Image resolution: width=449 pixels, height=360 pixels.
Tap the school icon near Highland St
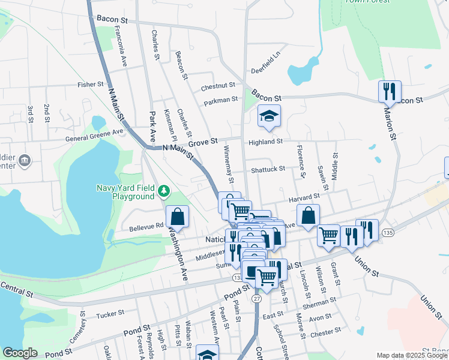270,116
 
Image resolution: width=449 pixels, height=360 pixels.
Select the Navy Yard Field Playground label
125,192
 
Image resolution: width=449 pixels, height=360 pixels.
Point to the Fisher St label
91,85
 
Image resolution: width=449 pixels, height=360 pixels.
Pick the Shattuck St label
268,169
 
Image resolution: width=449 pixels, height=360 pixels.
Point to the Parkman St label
221,101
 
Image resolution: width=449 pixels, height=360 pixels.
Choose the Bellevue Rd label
146,227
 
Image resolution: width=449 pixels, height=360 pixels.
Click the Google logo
20,353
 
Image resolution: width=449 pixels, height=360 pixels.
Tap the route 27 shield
257,298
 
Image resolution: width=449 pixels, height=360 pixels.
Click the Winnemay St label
228,164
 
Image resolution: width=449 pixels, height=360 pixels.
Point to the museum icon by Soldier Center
25,160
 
